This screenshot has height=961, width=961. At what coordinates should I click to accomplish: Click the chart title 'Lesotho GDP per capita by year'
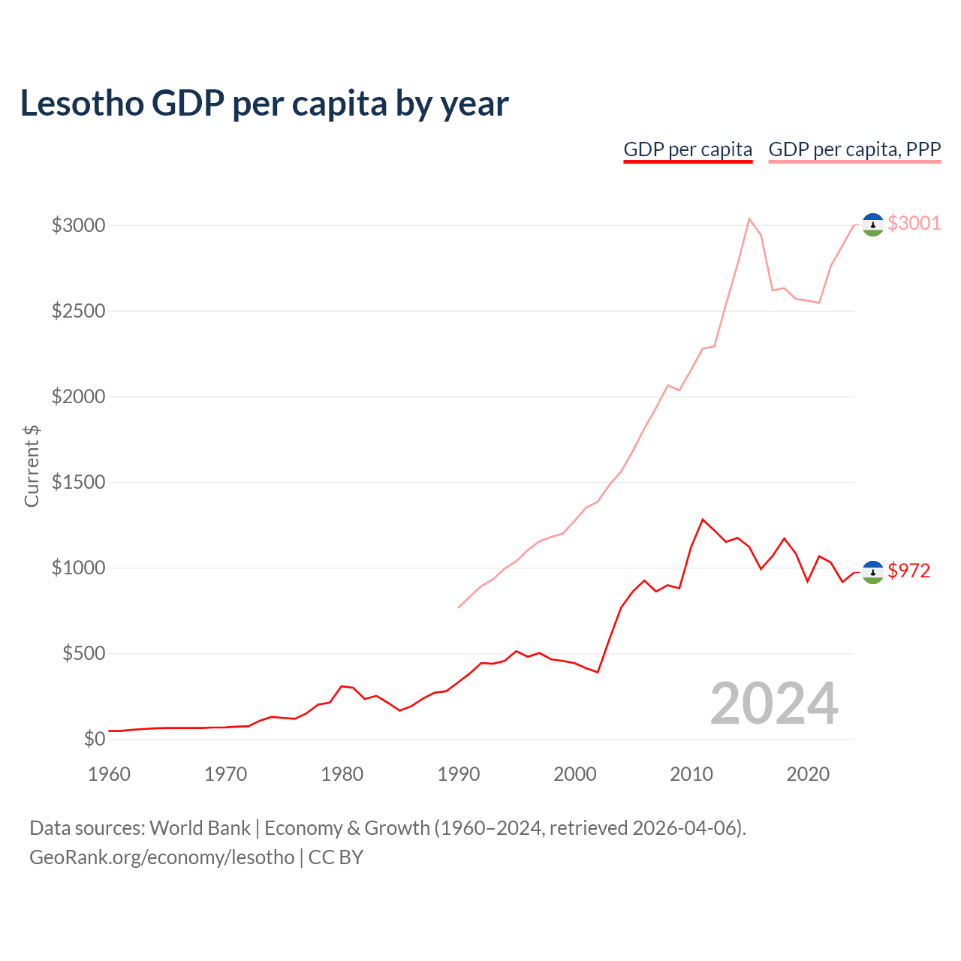(x=264, y=104)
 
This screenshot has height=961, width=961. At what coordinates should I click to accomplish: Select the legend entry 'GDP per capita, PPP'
(x=854, y=149)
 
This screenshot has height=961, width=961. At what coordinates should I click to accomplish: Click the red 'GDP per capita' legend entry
(x=688, y=149)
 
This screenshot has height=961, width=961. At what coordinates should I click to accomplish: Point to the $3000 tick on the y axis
(x=78, y=225)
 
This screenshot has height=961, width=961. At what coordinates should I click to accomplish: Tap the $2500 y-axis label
(x=78, y=311)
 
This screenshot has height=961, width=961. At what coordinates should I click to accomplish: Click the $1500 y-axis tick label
(x=78, y=482)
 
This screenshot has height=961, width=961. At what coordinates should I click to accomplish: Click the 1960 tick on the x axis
(x=110, y=774)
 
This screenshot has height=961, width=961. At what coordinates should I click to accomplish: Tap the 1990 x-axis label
(x=459, y=774)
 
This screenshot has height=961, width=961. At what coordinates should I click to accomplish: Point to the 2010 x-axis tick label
(x=691, y=774)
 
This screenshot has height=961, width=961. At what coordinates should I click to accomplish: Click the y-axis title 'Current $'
(x=32, y=465)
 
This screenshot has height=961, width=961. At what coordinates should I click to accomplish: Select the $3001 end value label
(x=914, y=223)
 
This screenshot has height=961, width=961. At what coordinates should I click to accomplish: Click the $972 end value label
(x=908, y=571)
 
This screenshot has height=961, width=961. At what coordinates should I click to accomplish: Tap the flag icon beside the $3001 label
(x=872, y=224)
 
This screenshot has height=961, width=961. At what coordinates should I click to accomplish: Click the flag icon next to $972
(x=872, y=572)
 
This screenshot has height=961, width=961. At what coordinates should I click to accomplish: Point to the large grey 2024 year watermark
(x=774, y=703)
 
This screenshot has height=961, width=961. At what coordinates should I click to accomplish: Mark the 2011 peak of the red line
(x=703, y=519)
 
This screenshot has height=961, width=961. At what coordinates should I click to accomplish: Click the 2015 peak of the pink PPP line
(x=749, y=218)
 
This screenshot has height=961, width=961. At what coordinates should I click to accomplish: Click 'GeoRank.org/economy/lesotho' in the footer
(x=162, y=857)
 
